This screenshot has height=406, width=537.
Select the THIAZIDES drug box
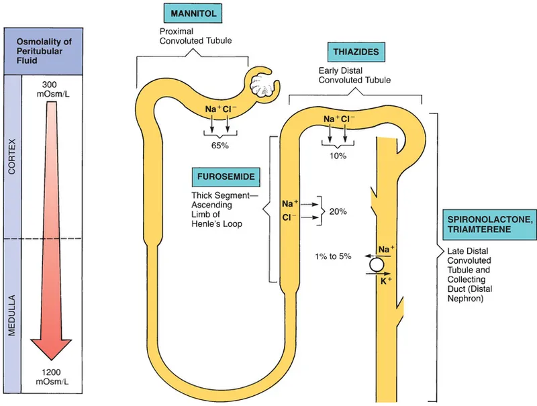coord(354,51)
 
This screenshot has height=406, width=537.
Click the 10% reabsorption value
coord(338,156)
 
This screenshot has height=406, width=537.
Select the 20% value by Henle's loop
coord(338,211)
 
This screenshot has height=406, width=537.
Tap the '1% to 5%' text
coord(333,257)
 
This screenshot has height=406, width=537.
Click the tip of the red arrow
coord(52,361)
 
